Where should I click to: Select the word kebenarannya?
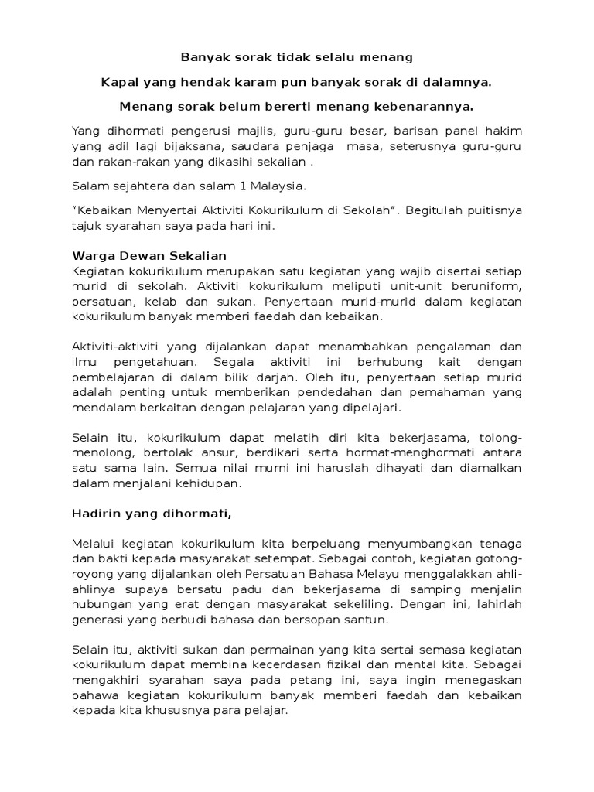click(426, 105)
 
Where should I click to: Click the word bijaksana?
click(176, 146)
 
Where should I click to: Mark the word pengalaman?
click(447, 346)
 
